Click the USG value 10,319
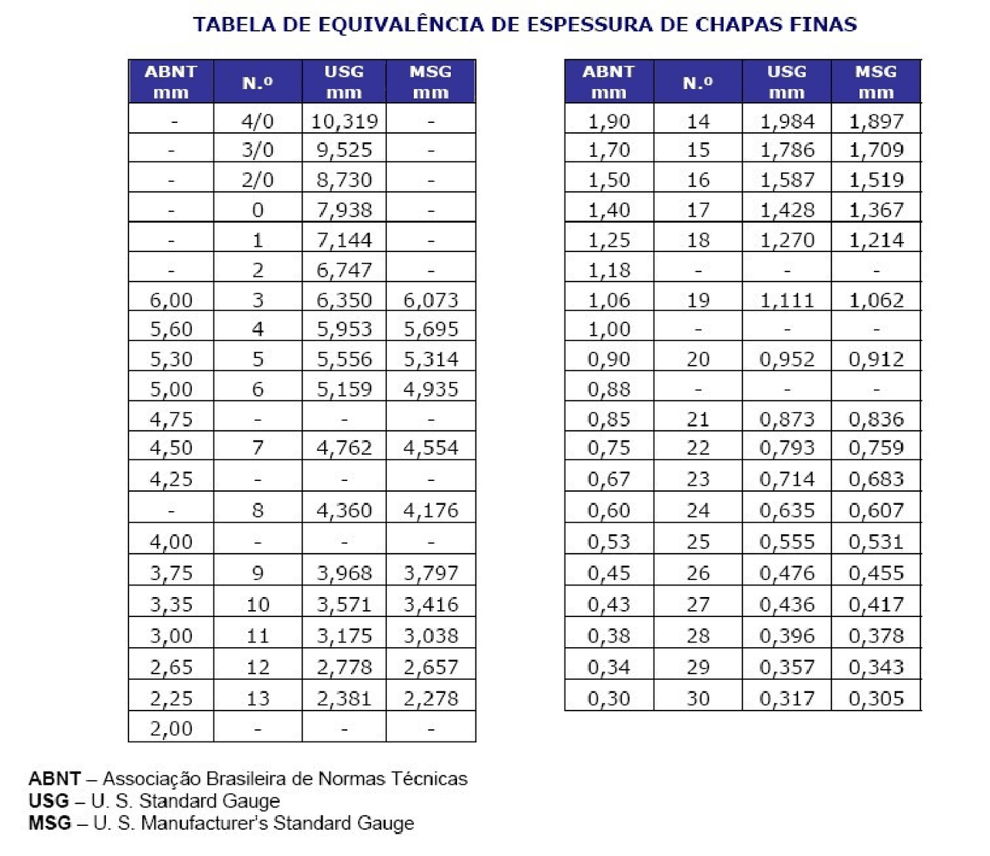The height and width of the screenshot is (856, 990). [x=344, y=121]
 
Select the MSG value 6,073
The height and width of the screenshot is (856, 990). [x=431, y=300]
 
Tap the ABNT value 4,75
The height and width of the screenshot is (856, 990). [x=171, y=419]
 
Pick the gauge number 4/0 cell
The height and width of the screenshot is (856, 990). [x=258, y=121]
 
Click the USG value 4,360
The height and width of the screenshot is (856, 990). [x=344, y=510]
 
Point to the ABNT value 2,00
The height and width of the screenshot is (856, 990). [x=171, y=728]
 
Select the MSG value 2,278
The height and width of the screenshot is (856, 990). [x=431, y=698]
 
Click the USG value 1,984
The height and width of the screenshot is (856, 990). [x=787, y=121]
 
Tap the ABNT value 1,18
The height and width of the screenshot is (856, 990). [x=609, y=271]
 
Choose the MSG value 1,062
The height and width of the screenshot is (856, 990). [x=876, y=300]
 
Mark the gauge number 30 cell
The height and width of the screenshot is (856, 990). [x=698, y=698]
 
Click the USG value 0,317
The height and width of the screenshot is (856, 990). [x=787, y=698]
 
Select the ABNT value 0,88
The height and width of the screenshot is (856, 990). [x=609, y=389]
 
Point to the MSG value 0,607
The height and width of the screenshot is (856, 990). [x=876, y=510]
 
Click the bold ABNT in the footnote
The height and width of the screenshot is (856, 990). [x=54, y=779]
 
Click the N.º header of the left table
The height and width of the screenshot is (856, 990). [x=258, y=82]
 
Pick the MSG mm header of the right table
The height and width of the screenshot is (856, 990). [x=876, y=82]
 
